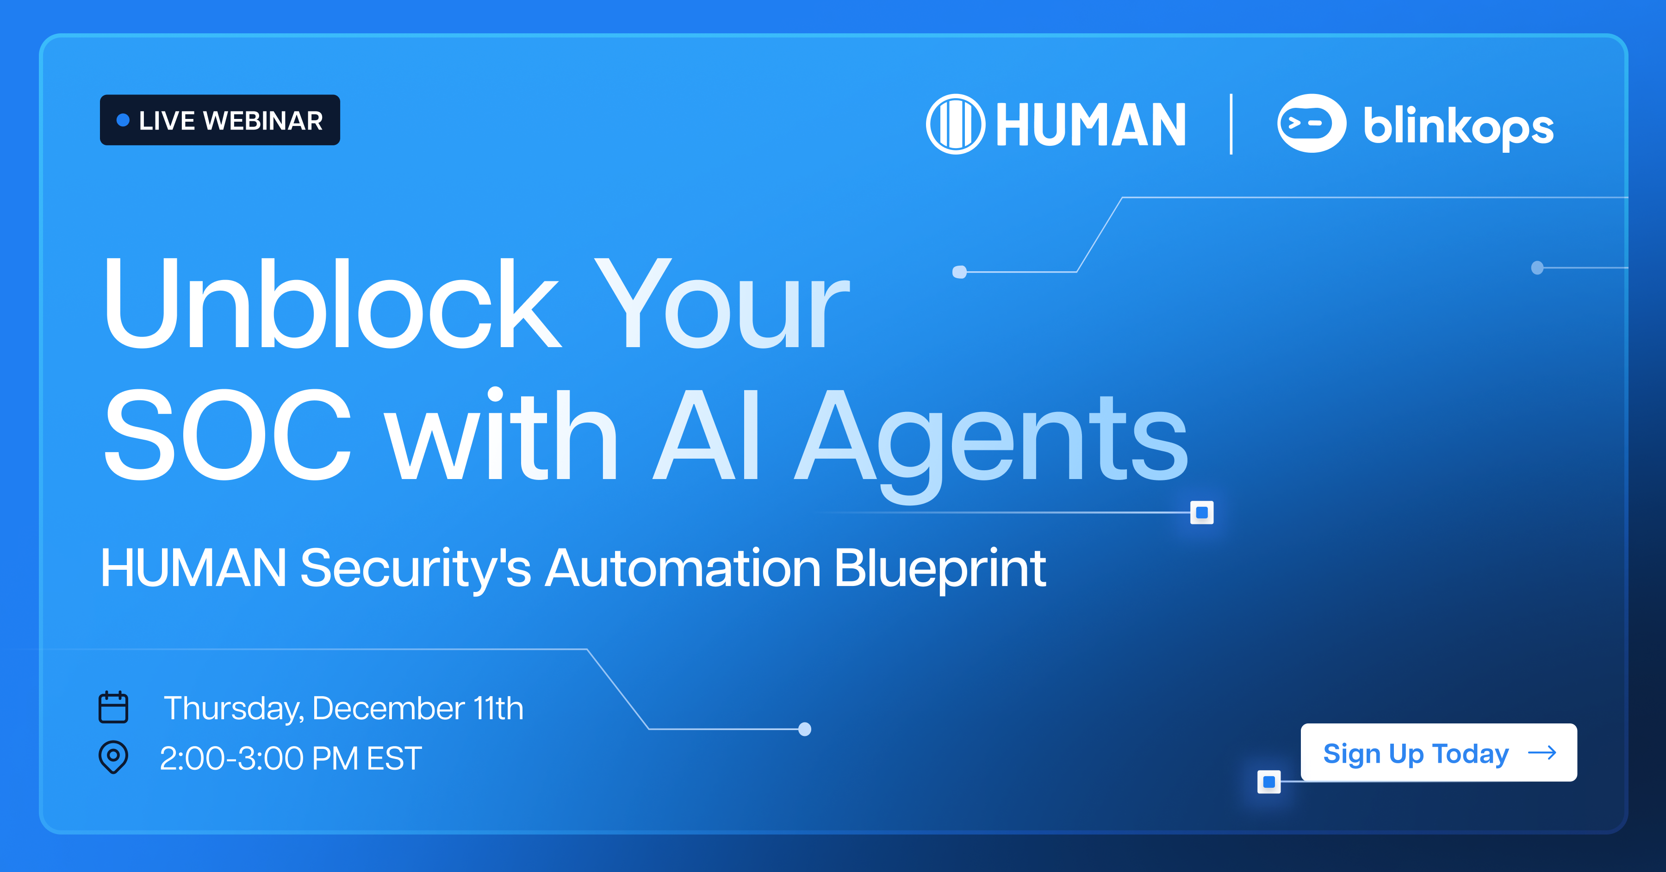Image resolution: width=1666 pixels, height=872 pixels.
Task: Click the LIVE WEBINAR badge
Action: point(220,120)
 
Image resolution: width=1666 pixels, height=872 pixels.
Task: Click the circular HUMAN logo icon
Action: point(955,124)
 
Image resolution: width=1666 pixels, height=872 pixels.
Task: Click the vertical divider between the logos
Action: point(1231,124)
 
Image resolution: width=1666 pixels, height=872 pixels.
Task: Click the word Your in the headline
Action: point(721,304)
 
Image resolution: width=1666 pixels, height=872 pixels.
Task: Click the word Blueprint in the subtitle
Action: point(940,568)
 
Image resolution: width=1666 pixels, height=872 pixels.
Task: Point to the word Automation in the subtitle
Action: point(683,568)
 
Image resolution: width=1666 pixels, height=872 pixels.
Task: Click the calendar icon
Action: point(113,707)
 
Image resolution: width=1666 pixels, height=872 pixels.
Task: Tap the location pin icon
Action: point(113,757)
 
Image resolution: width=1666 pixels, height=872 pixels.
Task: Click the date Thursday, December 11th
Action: point(343,708)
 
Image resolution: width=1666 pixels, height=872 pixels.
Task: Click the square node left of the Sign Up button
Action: point(1269,781)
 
